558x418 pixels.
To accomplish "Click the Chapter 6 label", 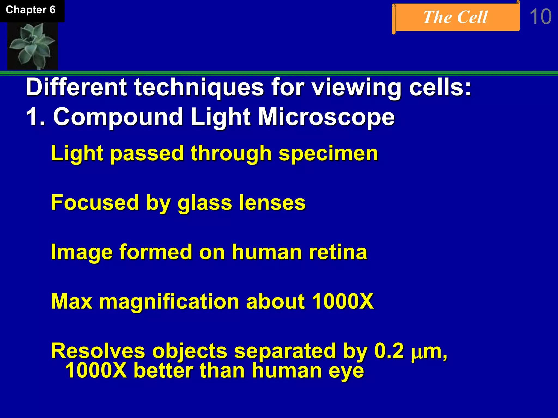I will click(31, 10).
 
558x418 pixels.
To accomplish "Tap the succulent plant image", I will click(32, 46).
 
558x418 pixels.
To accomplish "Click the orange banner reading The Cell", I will click(456, 17).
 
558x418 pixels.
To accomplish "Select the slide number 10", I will click(540, 17).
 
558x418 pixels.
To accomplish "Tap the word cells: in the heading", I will click(440, 88).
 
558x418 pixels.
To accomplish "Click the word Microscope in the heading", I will click(326, 117).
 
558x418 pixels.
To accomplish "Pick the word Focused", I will click(95, 203).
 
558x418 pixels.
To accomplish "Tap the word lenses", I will click(272, 203).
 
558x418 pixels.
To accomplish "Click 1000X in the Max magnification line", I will click(342, 302).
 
